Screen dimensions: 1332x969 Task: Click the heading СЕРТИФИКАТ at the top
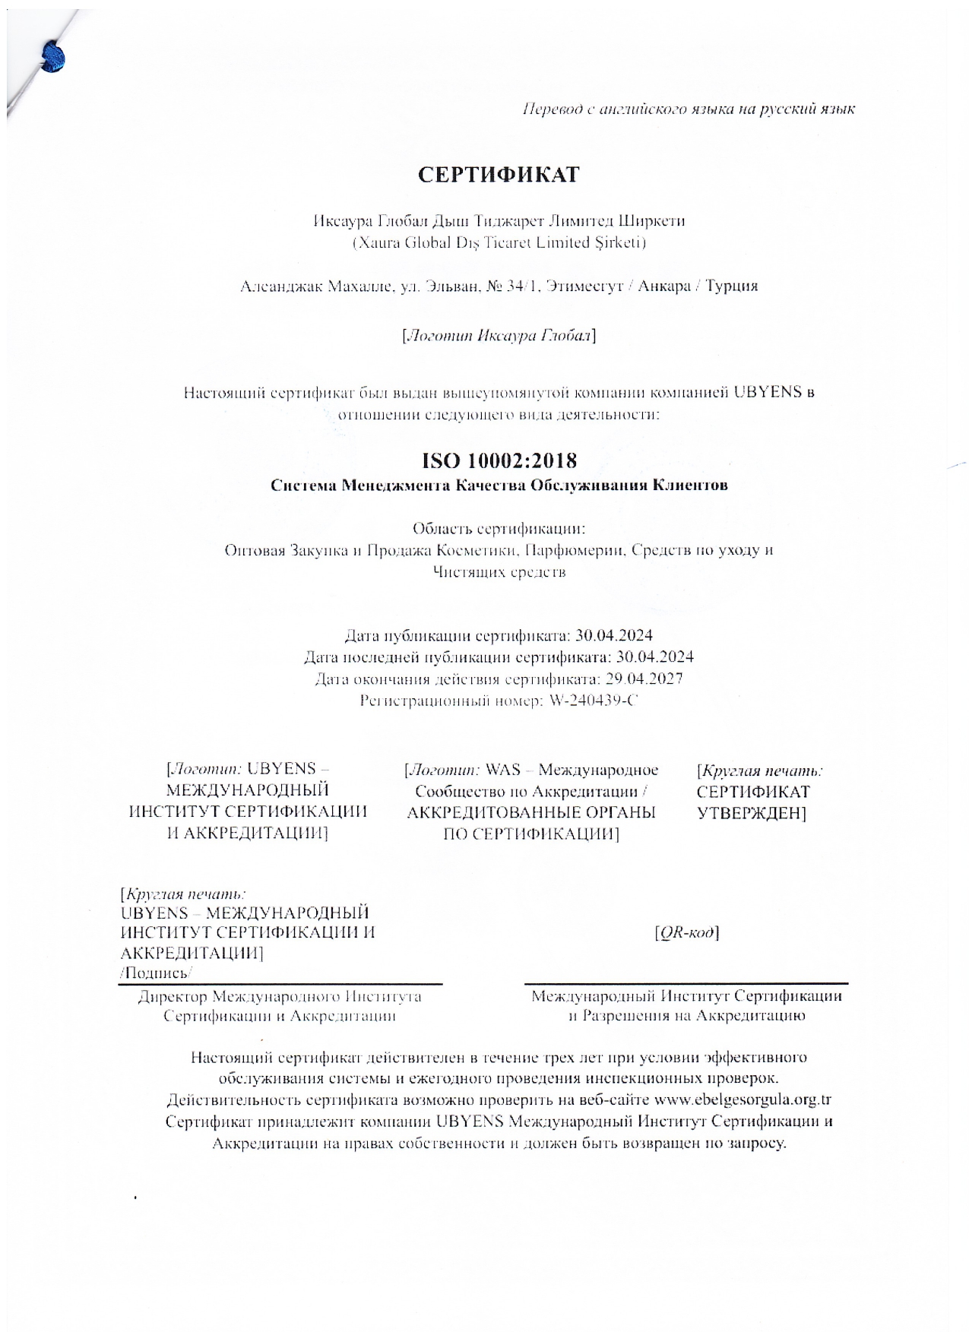tap(498, 175)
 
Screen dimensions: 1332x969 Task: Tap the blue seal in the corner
tap(53, 58)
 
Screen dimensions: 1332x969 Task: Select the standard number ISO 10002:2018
tap(499, 460)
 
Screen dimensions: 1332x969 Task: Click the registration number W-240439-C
tap(592, 701)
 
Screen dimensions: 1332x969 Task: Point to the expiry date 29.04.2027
tap(649, 679)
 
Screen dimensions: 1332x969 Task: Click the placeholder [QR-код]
tap(686, 932)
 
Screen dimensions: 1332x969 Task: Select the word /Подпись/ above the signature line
tap(157, 973)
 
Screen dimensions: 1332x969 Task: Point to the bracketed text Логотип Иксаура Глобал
tap(499, 335)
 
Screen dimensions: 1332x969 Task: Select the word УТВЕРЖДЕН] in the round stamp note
tap(751, 813)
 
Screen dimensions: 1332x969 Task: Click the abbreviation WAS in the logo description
tap(502, 770)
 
